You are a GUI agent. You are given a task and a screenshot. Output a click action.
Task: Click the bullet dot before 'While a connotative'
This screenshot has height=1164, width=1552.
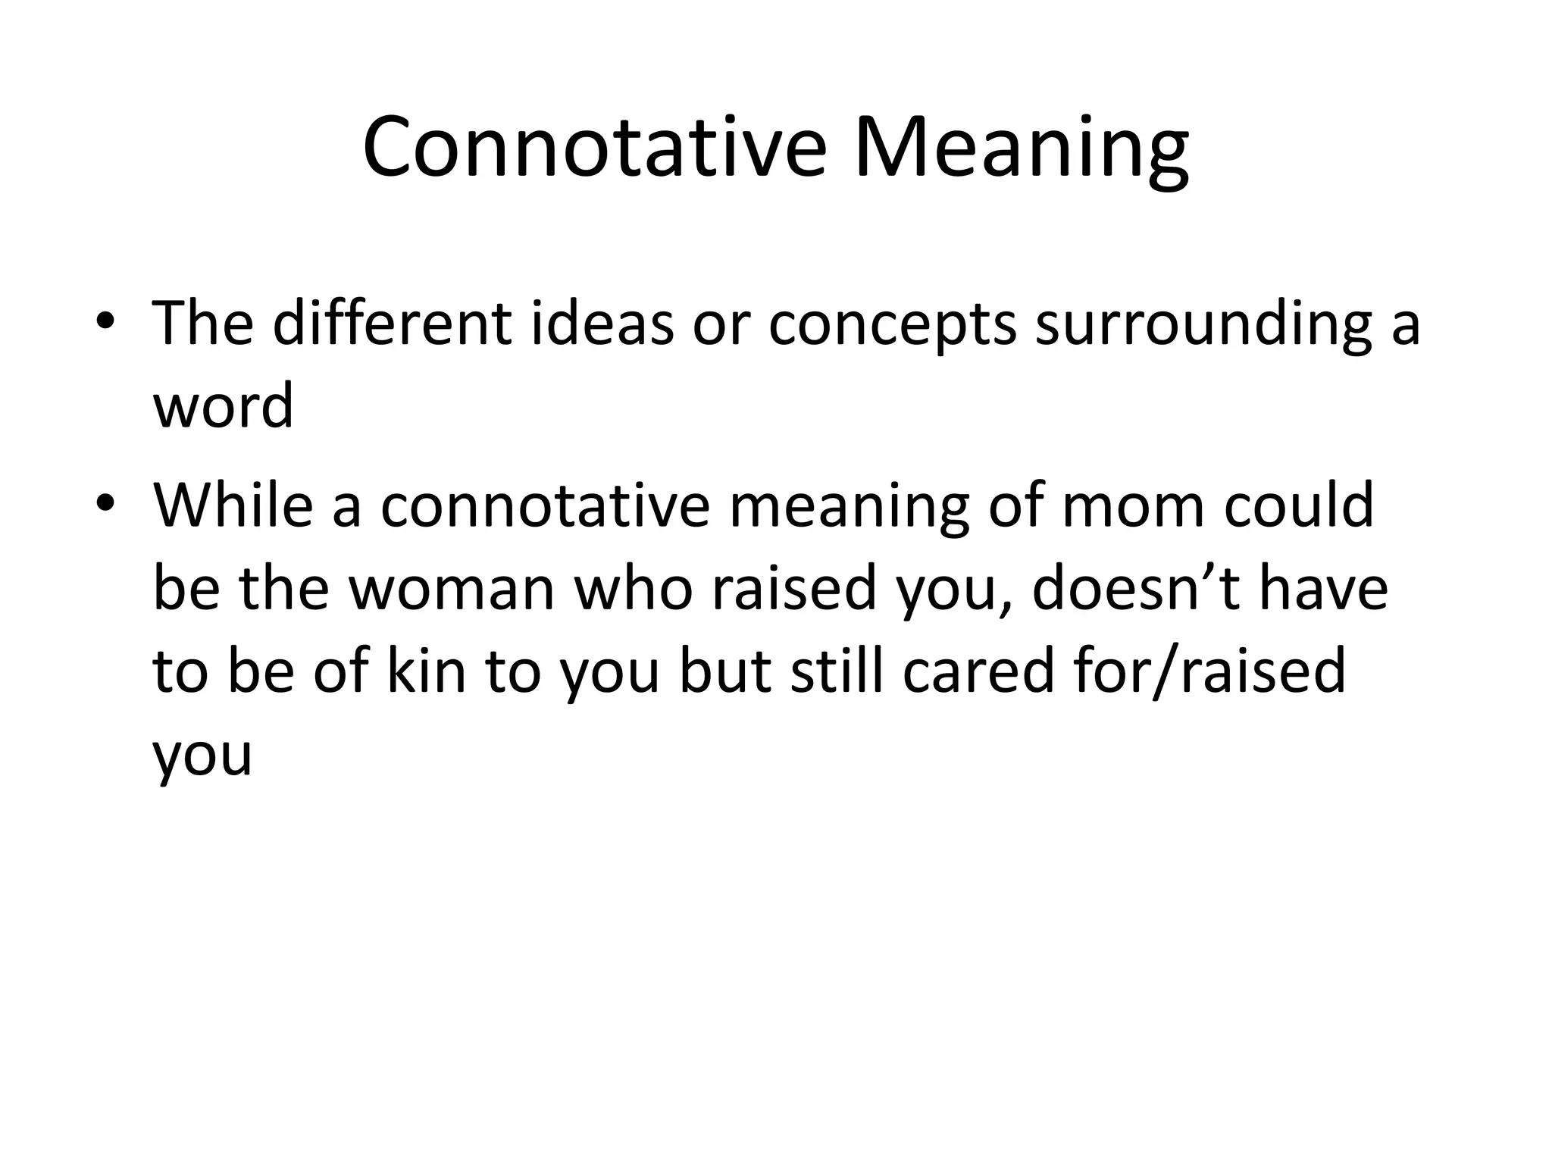105,503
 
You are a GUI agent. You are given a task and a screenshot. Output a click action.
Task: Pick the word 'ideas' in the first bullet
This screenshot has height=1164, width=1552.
602,324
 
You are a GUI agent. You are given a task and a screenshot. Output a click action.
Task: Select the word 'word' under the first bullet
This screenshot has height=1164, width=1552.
224,406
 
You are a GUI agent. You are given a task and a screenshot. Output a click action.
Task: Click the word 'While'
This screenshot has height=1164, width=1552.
233,505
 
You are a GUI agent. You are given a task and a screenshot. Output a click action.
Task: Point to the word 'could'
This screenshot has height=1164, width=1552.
1299,505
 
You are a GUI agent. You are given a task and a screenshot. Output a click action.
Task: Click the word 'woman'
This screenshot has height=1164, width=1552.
452,590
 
